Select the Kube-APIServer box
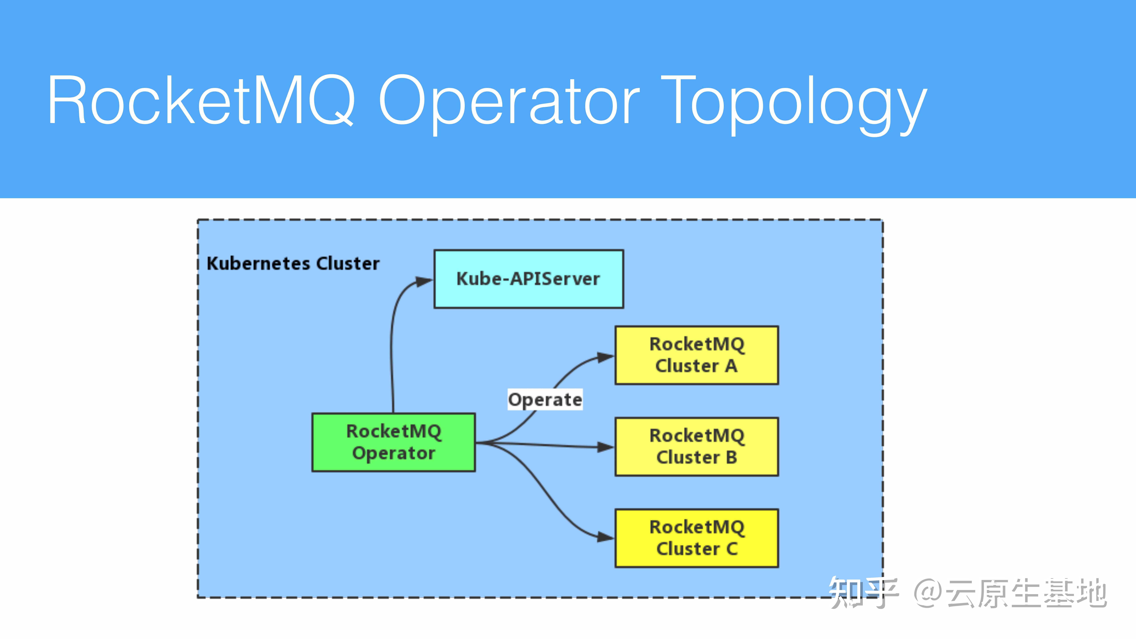pyautogui.click(x=528, y=279)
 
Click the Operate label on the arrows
pyautogui.click(x=545, y=400)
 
